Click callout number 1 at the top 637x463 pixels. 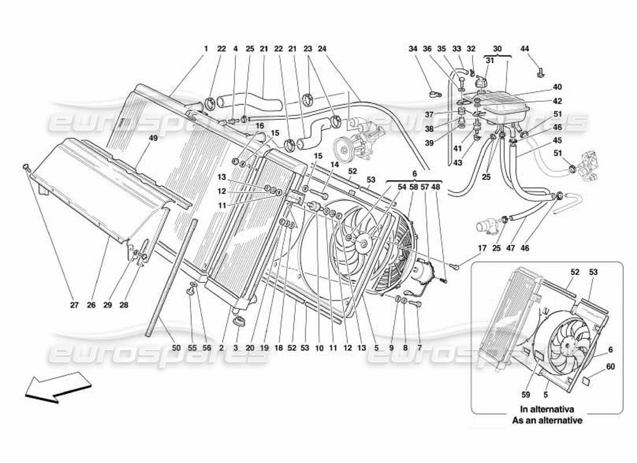point(205,49)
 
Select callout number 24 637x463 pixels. point(323,49)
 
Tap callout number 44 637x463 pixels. point(525,49)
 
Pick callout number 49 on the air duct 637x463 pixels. point(153,138)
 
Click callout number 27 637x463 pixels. point(74,305)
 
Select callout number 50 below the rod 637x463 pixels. point(176,348)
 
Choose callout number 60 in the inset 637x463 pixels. point(610,366)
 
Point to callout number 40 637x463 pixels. point(557,87)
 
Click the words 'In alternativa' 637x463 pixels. point(547,409)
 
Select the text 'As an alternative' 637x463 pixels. point(547,420)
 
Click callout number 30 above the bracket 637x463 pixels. point(497,49)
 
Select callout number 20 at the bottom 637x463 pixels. point(250,348)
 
